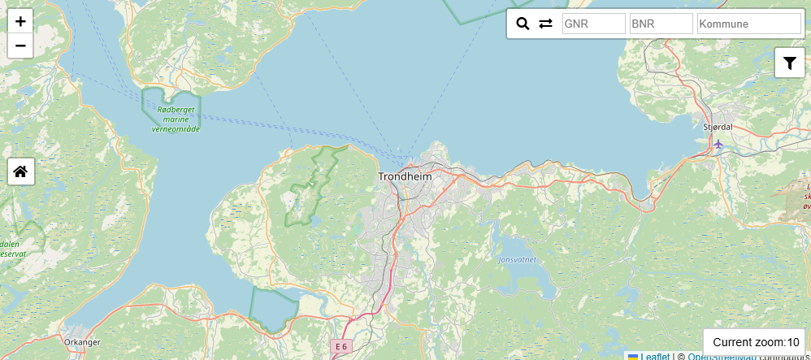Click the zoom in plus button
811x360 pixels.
tap(20, 22)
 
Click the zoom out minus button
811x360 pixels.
tap(20, 46)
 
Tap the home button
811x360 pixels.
tap(21, 171)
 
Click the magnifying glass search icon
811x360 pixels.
tap(523, 24)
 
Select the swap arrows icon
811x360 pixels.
tap(545, 24)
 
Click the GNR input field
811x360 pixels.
tap(593, 24)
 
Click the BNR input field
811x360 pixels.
tap(661, 24)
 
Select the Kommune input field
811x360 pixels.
tap(748, 24)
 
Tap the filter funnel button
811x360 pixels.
tap(789, 63)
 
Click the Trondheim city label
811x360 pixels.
tap(405, 176)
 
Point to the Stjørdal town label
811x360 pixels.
tap(718, 127)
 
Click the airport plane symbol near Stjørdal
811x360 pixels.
tap(718, 144)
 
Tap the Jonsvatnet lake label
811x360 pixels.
tap(517, 260)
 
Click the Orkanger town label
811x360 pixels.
tap(82, 343)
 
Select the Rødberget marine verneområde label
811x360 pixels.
tap(175, 119)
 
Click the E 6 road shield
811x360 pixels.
tap(340, 346)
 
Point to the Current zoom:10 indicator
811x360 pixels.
tap(756, 342)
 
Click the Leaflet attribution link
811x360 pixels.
tap(654, 356)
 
